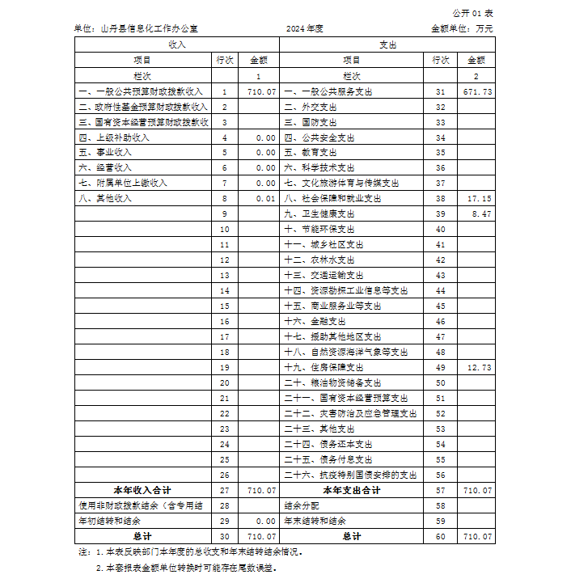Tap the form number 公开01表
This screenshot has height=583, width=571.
pyautogui.click(x=473, y=14)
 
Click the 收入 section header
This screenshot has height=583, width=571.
pyautogui.click(x=176, y=44)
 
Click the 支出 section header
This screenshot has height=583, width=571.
pyautogui.click(x=387, y=44)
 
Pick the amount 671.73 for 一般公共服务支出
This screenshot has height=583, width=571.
pyautogui.click(x=477, y=91)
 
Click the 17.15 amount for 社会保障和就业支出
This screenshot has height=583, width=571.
pyautogui.click(x=480, y=198)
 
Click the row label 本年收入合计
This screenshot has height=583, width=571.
pyautogui.click(x=142, y=490)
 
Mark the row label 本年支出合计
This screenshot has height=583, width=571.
pyautogui.click(x=352, y=490)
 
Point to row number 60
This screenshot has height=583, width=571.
pyautogui.click(x=441, y=536)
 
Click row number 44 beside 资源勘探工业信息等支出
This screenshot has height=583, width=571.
pyautogui.click(x=441, y=290)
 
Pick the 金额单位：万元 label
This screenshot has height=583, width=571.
pyautogui.click(x=462, y=28)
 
